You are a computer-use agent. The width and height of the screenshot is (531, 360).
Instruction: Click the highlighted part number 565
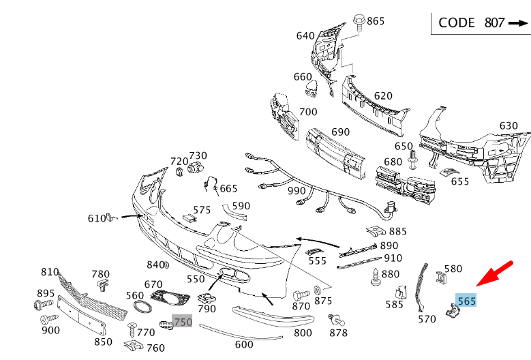pyautogui.click(x=467, y=300)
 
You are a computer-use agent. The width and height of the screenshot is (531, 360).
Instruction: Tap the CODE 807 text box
pyautogui.click(x=480, y=22)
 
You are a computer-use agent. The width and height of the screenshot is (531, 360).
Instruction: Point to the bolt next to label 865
pyautogui.click(x=359, y=23)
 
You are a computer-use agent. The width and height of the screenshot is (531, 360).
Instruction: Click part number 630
pyautogui.click(x=509, y=126)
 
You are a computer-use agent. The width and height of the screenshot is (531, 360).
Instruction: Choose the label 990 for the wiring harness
pyautogui.click(x=297, y=191)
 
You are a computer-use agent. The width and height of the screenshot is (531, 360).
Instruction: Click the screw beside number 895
pyautogui.click(x=38, y=304)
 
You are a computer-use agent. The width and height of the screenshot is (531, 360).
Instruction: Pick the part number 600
pyautogui.click(x=244, y=345)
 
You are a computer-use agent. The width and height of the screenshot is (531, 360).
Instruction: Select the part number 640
pyautogui.click(x=305, y=36)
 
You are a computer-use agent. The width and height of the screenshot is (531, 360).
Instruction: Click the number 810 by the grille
pyautogui.click(x=50, y=272)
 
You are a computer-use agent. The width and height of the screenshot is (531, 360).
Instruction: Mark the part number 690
pyautogui.click(x=340, y=132)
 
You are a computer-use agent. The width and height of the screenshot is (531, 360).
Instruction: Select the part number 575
pyautogui.click(x=202, y=210)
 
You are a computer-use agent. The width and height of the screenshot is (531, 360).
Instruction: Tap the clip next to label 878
pyautogui.click(x=335, y=319)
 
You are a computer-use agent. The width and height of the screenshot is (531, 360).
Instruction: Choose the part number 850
pyautogui.click(x=103, y=342)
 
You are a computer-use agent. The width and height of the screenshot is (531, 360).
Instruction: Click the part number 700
pyautogui.click(x=308, y=112)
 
